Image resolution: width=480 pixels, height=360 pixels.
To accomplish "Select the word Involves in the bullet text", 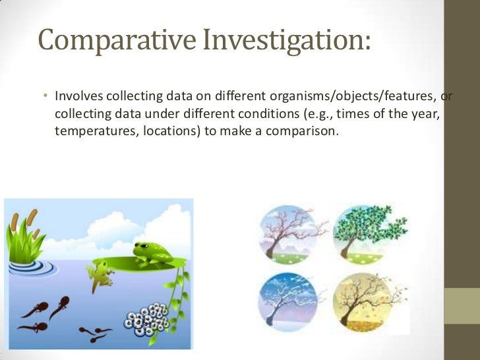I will pyautogui.click(x=76, y=97).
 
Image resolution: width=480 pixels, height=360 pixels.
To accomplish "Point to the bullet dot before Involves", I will pyautogui.click(x=45, y=98).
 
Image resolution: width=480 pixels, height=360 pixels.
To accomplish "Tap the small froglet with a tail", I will pyautogui.click(x=102, y=274).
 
